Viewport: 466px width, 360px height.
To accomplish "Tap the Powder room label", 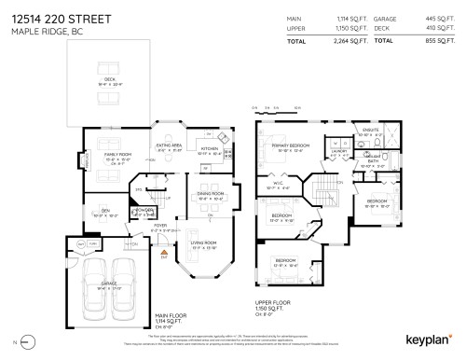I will pos(144,210).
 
